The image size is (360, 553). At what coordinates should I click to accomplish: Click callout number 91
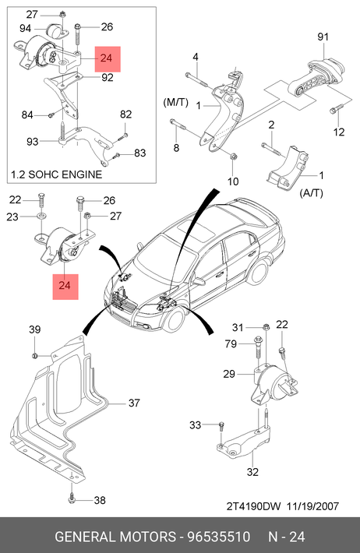323,37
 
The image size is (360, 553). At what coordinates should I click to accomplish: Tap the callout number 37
134,403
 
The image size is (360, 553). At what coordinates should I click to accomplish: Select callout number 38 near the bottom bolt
100,500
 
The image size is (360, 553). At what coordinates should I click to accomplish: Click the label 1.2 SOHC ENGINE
56,174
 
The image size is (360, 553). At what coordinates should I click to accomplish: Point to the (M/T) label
176,102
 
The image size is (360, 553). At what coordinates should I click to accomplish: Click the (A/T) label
311,193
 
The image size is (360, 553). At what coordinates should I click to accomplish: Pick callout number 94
25,28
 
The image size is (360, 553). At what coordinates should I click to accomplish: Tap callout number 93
32,142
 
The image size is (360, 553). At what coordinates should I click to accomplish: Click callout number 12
338,132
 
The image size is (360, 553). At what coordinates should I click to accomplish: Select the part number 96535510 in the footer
218,537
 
